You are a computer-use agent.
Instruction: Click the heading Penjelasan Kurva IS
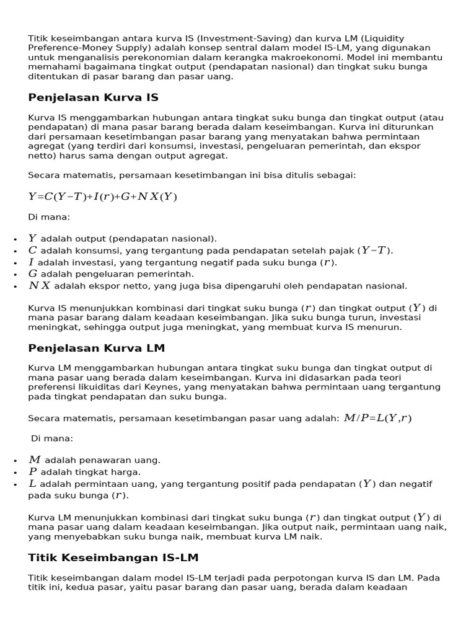[93, 97]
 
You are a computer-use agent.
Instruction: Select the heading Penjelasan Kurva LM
[96, 348]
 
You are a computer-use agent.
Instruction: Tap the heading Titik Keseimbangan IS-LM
[113, 557]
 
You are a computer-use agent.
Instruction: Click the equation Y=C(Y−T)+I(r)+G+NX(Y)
[103, 197]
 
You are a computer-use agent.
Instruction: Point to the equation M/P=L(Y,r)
[377, 418]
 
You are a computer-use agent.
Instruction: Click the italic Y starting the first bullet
[33, 239]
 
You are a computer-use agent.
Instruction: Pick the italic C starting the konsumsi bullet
[33, 251]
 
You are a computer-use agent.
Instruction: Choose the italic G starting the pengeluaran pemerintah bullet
[33, 273]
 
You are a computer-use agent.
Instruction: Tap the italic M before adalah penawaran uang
[34, 460]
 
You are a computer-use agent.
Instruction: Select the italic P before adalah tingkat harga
[33, 472]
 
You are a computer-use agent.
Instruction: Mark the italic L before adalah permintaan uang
[33, 484]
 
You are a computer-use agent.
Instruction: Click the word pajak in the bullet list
[342, 251]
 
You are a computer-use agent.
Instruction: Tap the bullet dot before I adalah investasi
[14, 263]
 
